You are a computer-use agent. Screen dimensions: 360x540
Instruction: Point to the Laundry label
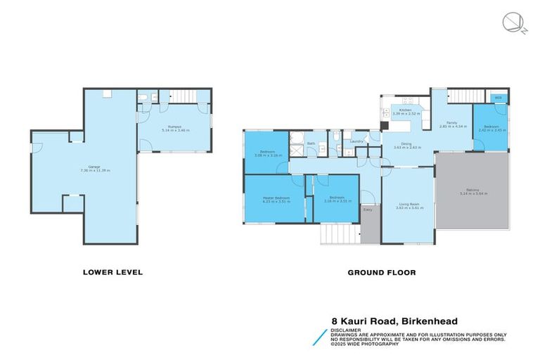pyautogui.click(x=356, y=141)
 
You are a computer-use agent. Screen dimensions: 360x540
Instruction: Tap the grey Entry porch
pyautogui.click(x=368, y=224)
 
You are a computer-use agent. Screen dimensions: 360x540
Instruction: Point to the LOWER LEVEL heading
pyautogui.click(x=112, y=272)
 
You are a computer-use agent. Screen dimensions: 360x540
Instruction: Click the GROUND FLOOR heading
pyautogui.click(x=381, y=272)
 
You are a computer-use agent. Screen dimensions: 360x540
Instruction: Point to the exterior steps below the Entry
pyautogui.click(x=340, y=234)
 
